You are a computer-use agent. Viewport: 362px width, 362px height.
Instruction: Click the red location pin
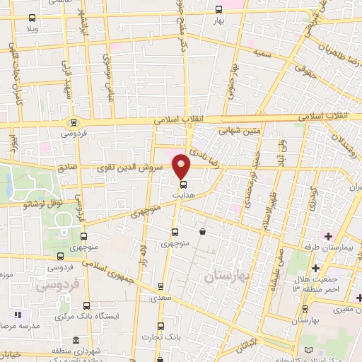coord(182,166)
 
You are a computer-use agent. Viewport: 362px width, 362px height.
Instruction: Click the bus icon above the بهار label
coord(218,10)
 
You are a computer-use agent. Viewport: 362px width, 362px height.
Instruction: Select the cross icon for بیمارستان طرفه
coord(327,235)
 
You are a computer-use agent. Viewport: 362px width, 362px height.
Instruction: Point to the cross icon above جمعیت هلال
coord(315,267)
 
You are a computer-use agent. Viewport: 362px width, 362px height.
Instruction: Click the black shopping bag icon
coord(203,231)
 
